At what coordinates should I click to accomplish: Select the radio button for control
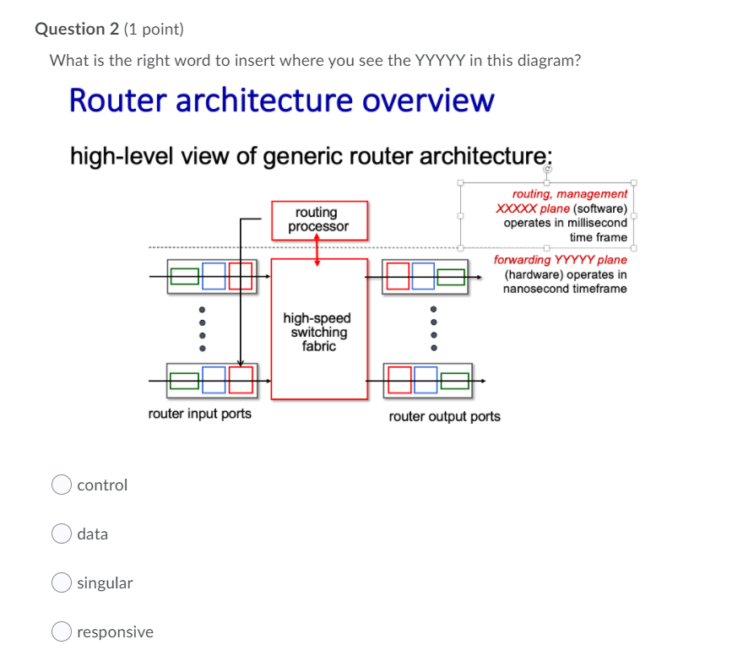62,485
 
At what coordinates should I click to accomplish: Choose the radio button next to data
62,534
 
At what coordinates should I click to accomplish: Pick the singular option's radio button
62,582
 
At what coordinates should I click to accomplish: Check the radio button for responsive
62,631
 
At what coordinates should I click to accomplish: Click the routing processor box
320,220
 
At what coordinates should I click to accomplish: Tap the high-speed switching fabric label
317,332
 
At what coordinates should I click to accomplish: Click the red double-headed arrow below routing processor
317,250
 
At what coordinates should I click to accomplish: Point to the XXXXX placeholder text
516,209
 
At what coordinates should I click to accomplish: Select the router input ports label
199,414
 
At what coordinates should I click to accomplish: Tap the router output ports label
445,416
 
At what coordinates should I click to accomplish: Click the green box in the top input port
185,276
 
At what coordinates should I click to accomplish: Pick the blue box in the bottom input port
214,380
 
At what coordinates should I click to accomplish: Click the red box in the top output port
399,276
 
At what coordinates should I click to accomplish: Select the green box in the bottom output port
455,381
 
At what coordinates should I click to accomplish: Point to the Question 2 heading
77,30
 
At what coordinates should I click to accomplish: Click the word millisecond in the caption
597,223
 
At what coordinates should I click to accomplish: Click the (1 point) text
154,30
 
